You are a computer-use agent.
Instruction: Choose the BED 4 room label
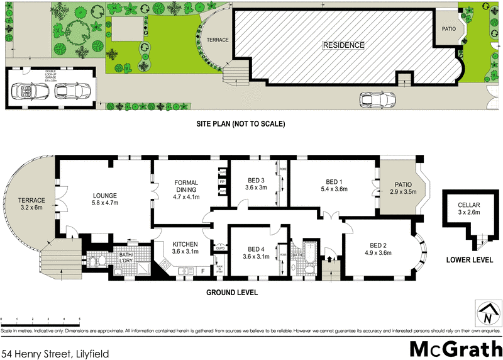[256, 252]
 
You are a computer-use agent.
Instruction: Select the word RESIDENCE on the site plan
[343, 45]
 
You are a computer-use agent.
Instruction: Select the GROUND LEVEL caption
[231, 293]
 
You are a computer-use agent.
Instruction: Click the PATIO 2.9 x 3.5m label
[402, 188]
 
